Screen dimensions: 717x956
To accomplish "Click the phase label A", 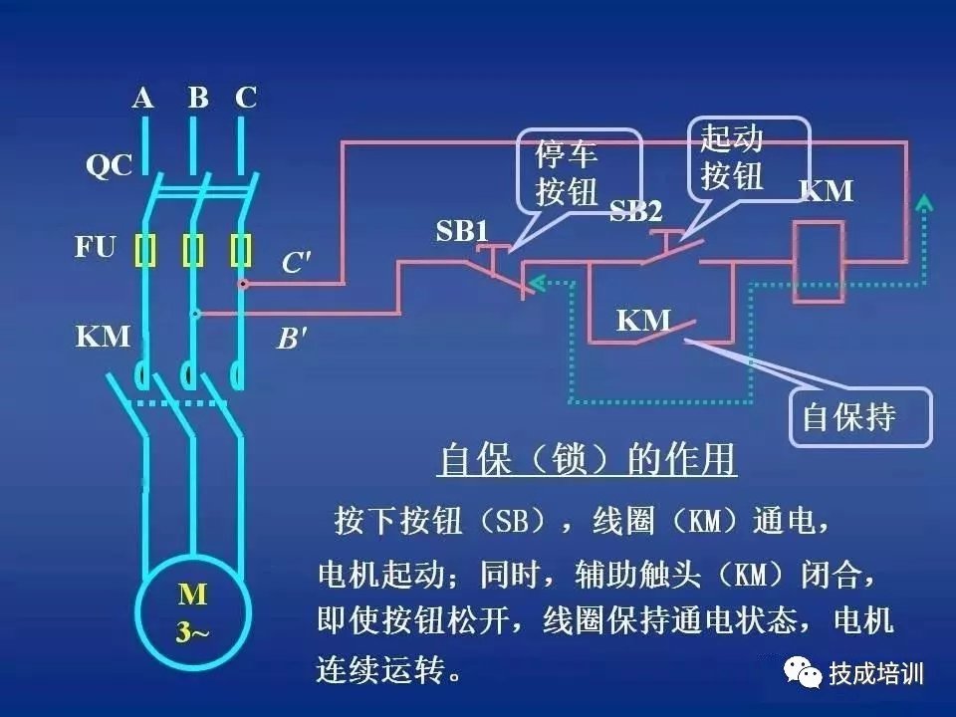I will coord(143,98).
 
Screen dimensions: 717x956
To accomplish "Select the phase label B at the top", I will coord(198,98).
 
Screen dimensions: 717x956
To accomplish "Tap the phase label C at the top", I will coord(246,98).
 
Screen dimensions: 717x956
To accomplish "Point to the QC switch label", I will coord(108,165).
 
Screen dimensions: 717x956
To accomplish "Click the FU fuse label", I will coord(96,246).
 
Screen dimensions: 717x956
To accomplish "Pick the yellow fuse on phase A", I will coord(146,251).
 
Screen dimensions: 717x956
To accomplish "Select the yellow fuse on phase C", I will coord(240,251).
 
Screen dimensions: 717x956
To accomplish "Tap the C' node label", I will coord(296,264).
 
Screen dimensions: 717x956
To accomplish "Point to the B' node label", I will coord(292,340).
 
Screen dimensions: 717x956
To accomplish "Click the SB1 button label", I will coord(463,231).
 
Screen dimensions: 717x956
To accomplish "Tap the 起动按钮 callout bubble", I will coord(745,157).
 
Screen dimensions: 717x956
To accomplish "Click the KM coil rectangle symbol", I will coord(820,262).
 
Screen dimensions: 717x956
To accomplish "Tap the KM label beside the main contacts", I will coord(104,337).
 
